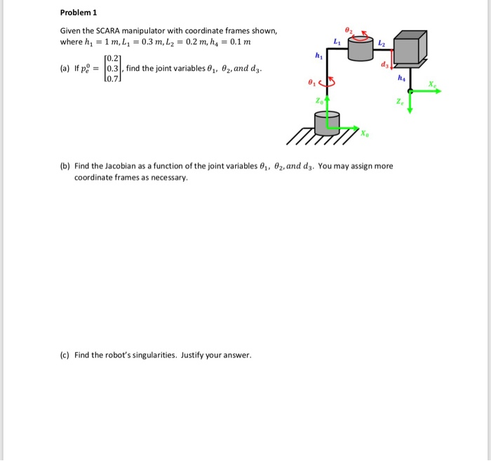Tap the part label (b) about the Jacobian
(65, 166)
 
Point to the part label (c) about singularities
(65, 355)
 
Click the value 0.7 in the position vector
(112, 79)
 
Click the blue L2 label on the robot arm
(382, 44)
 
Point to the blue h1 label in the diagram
(318, 55)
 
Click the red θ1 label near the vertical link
(312, 83)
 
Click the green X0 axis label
(365, 134)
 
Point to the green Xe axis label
(433, 83)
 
